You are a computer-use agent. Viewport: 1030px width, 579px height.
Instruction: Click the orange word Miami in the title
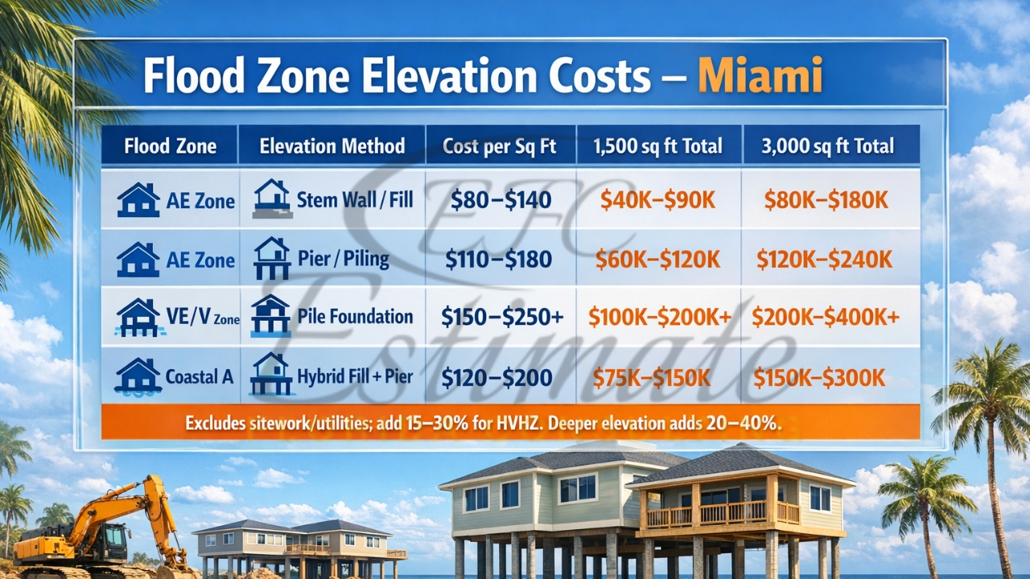tap(760, 77)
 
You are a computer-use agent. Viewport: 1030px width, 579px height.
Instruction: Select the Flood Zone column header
tap(170, 146)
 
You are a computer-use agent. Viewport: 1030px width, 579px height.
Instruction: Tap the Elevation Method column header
tap(332, 146)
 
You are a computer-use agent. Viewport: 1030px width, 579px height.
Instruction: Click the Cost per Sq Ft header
tap(501, 146)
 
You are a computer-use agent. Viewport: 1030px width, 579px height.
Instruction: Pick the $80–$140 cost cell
tap(501, 199)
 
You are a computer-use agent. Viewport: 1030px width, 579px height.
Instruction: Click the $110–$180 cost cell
tap(499, 259)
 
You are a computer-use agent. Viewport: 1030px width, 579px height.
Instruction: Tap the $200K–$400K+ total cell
tap(826, 318)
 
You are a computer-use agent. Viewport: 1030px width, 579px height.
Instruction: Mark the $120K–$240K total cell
tap(825, 259)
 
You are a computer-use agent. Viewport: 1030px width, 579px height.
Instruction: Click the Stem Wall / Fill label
tap(354, 199)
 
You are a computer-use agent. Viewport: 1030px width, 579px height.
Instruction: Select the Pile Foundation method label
tap(355, 318)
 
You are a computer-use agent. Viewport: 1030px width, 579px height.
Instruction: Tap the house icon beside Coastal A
tap(138, 376)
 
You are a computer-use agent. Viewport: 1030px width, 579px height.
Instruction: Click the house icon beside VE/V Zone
tap(138, 317)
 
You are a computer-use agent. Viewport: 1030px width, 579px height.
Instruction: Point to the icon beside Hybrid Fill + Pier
tap(271, 374)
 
